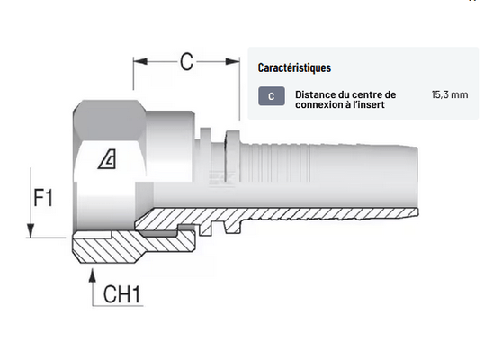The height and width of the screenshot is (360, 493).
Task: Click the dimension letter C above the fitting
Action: point(186,61)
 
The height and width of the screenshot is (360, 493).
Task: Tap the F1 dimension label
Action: point(43,198)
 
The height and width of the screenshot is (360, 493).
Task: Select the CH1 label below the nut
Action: point(121,294)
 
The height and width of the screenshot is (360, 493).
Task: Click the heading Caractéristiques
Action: point(294,67)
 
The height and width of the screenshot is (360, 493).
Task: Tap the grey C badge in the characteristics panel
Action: point(272,96)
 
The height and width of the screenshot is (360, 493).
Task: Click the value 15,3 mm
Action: point(450,94)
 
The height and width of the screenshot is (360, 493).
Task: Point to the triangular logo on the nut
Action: point(107,158)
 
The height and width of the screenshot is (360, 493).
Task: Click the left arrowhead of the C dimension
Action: point(140,61)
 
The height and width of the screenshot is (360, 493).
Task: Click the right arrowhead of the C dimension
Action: point(233,61)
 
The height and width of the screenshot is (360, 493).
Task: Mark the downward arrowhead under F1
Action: point(31,230)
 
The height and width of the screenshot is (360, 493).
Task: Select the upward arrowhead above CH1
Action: point(92,274)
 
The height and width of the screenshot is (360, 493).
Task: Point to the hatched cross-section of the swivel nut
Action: point(132,247)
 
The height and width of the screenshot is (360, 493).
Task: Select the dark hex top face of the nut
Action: point(110,121)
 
